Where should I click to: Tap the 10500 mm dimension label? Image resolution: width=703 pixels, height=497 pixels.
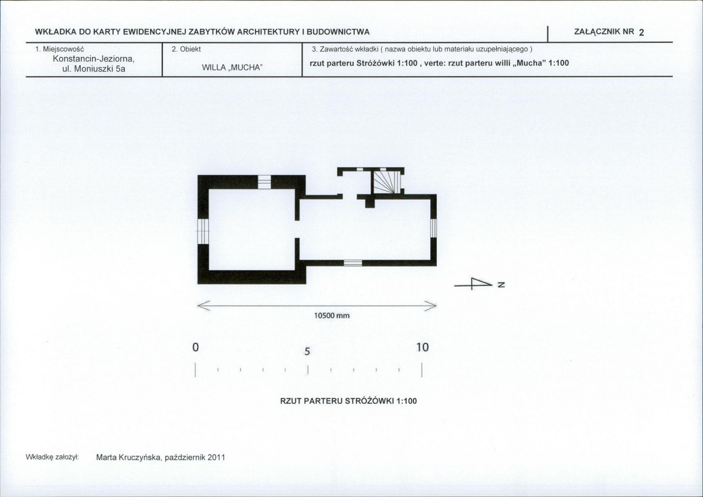coord(331,315)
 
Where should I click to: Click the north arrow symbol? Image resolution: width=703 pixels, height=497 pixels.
coord(473,284)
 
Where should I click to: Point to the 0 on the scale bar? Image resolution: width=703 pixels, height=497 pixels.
coord(195,348)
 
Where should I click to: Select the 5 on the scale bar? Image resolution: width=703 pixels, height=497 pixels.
coord(307,351)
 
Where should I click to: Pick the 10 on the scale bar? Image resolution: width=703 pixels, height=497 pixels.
coord(422,348)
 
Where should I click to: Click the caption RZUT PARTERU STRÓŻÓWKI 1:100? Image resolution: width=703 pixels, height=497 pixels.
coord(348,401)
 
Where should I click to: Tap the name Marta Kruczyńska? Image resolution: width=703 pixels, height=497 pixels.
coord(129,458)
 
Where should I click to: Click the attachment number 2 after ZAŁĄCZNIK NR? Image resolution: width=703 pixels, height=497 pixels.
coord(641,32)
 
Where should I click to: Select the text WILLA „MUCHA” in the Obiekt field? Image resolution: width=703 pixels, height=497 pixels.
coord(232,67)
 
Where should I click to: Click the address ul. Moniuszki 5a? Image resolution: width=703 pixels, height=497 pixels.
coord(94,69)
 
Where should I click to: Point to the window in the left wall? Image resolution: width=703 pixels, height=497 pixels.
coord(203,232)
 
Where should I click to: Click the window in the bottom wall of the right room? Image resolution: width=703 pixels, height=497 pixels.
coord(353,263)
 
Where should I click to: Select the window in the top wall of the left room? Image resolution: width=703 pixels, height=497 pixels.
coord(264,182)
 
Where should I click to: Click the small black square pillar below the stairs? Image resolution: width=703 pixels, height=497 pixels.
coord(369,203)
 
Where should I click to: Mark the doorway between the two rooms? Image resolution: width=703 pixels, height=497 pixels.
coord(297,230)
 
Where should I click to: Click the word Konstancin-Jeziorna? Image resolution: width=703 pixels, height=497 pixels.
coord(94,59)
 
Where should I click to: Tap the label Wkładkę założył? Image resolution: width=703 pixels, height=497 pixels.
coord(52,457)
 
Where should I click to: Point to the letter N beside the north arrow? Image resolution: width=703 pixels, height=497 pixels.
coord(501,284)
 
